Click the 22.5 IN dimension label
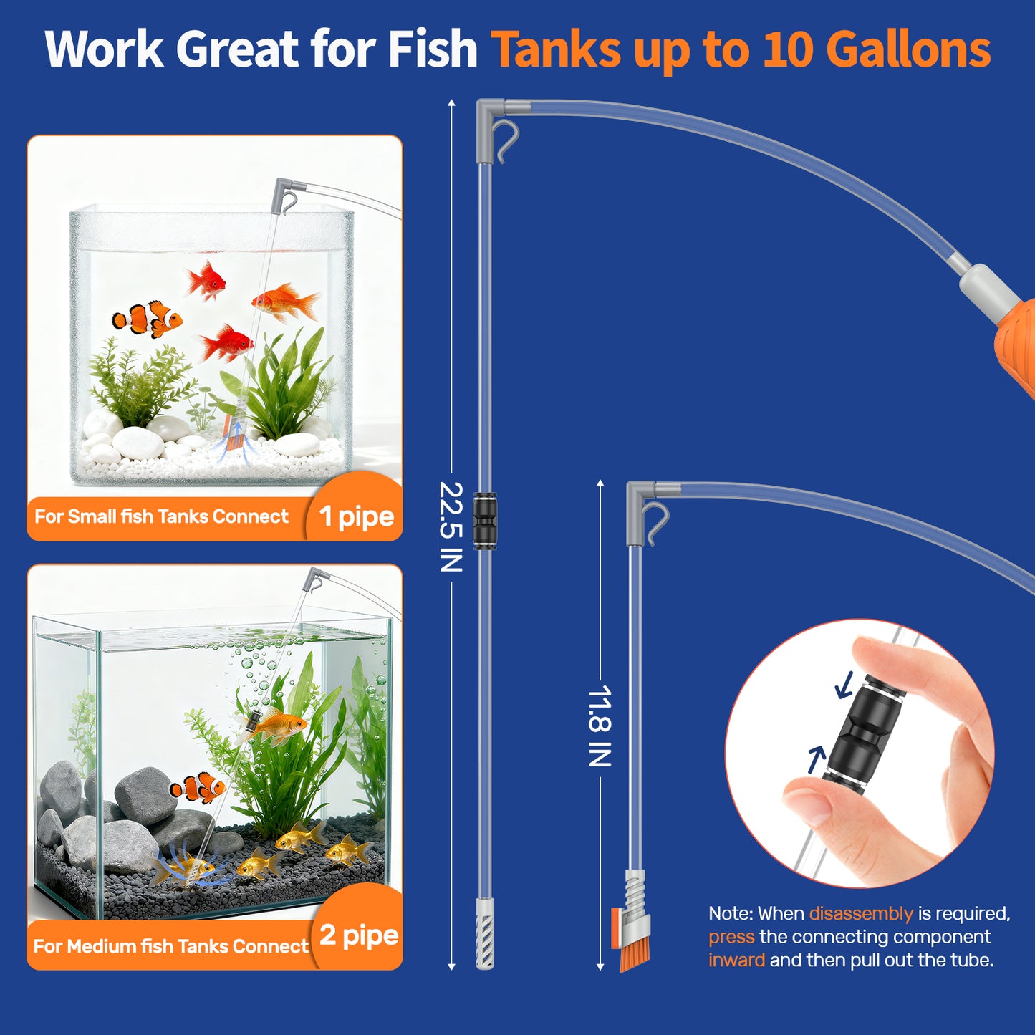tap(451, 526)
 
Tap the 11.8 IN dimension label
tap(600, 726)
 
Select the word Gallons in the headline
tap(908, 50)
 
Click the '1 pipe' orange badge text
tap(356, 516)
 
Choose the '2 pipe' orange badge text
tap(358, 935)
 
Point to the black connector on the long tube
tap(485, 511)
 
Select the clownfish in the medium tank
tap(198, 788)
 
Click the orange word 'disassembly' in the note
tap(860, 913)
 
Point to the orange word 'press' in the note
tap(731, 937)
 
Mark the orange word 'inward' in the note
tap(736, 960)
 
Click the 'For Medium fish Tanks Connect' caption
tap(170, 946)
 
